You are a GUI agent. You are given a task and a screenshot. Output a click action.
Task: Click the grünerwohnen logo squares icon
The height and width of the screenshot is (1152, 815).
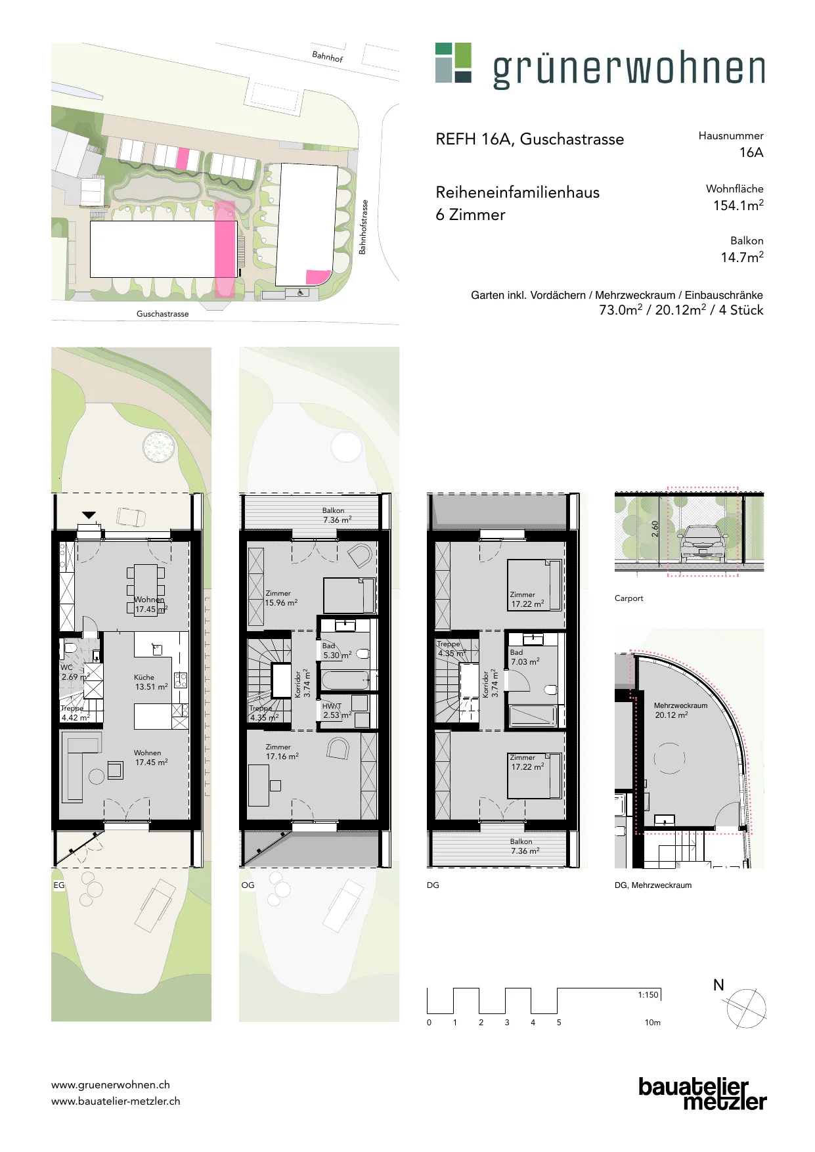[x=453, y=63]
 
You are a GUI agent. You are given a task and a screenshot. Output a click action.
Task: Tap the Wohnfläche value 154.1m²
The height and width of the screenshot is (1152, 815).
[x=738, y=205]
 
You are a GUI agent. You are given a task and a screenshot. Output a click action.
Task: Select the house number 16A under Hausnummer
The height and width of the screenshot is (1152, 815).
[x=751, y=152]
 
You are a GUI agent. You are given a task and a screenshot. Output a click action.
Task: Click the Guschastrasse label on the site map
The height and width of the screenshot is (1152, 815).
[x=162, y=314]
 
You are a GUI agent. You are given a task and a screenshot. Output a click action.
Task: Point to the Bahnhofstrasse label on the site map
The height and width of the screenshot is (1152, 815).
[x=363, y=227]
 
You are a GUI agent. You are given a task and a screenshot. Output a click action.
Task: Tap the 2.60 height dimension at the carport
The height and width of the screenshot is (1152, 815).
[x=654, y=529]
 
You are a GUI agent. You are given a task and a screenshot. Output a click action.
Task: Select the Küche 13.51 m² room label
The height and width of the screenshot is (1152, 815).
[x=151, y=682]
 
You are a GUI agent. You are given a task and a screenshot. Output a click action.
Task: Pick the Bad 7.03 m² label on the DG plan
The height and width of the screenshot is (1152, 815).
[x=525, y=657]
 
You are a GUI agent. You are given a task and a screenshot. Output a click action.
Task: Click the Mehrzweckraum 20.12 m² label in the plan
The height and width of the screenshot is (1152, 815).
[x=680, y=710]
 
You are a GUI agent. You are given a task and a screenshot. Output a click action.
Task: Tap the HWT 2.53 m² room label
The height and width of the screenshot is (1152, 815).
[x=337, y=711]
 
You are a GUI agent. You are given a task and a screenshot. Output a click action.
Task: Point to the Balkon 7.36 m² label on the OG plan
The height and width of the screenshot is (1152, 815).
[x=336, y=515]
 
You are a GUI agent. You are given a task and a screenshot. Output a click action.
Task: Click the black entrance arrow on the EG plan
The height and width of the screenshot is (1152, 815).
[x=89, y=516]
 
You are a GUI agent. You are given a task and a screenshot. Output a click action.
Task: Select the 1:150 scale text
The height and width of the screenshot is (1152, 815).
[x=648, y=995]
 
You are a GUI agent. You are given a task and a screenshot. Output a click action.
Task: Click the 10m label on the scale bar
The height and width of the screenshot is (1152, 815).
[x=652, y=1023]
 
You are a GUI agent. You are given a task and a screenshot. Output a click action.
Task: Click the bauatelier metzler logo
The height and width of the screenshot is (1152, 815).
[x=703, y=1094]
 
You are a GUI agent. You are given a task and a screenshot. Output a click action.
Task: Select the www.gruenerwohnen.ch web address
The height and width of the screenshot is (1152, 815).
[x=110, y=1085]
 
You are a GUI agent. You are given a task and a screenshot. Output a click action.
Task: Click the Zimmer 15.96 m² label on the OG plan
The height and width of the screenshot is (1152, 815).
[x=281, y=598]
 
